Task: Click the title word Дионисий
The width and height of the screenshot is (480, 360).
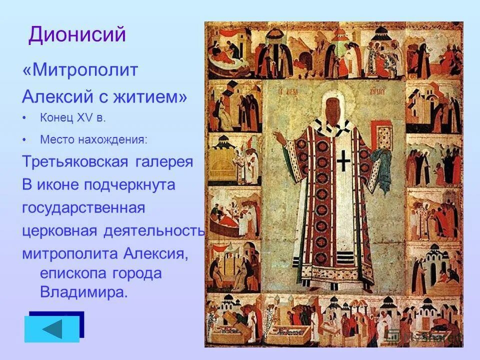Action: coord(77,35)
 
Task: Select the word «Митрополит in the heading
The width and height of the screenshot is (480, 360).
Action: coord(80,70)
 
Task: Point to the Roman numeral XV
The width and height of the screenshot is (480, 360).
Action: coord(82,118)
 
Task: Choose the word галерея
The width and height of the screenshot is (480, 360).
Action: coord(164,162)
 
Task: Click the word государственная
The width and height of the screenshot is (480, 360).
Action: coord(83,208)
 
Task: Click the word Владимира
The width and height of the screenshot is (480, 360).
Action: coord(83,292)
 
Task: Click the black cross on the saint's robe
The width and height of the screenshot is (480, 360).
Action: coord(343,161)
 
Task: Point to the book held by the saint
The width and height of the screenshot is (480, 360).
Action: coord(384,138)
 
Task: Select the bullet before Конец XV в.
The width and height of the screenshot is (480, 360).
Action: coord(25,118)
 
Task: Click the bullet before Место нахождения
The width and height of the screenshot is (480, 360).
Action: coord(25,140)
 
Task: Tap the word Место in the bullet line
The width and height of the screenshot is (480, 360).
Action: coord(57,140)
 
